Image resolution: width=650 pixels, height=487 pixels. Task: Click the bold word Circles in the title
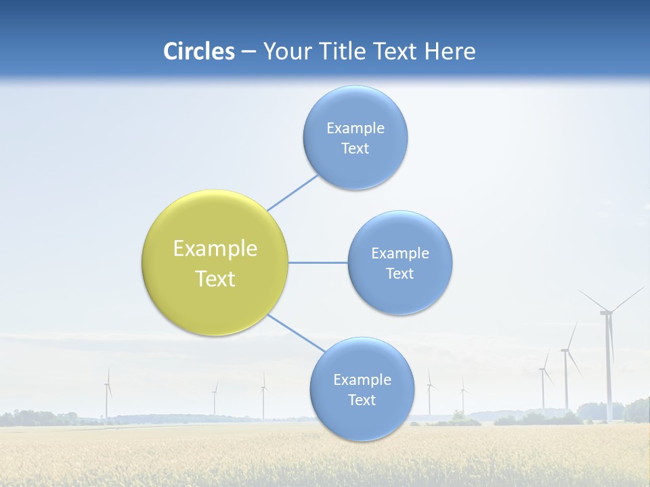[x=199, y=51]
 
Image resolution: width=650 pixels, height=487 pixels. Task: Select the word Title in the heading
[x=347, y=51]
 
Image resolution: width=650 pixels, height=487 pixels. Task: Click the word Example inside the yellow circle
[x=215, y=249]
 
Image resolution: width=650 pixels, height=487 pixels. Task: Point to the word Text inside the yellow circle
[x=215, y=279]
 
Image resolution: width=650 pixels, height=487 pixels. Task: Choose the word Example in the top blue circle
[x=355, y=129]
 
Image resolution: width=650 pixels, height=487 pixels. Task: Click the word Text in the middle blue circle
[x=400, y=274]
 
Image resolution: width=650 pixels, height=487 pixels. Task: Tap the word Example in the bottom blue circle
[x=362, y=380]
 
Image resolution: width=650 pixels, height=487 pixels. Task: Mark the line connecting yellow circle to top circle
[x=292, y=193]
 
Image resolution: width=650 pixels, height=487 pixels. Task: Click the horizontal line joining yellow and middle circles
[x=318, y=262]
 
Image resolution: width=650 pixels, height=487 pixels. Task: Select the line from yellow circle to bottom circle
[x=297, y=333]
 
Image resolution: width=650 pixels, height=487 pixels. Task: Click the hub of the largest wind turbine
[x=606, y=312]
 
